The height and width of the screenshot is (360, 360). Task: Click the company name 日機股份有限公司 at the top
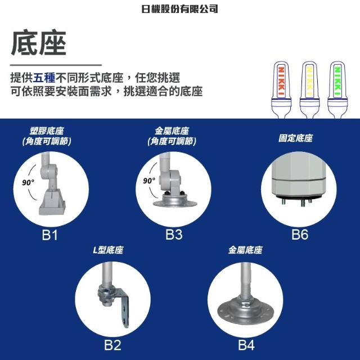click(179, 9)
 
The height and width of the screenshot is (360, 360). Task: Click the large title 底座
click(39, 43)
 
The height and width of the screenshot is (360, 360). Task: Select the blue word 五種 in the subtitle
click(44, 78)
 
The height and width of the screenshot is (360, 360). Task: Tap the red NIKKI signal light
click(281, 89)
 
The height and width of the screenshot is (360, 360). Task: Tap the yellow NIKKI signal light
click(309, 89)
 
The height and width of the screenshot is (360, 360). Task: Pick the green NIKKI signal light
click(337, 89)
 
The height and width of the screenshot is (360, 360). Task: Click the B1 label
click(49, 235)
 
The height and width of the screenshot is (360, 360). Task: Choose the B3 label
click(174, 235)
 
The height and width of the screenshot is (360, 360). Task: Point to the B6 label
click(300, 235)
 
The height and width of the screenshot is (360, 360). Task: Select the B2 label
click(112, 345)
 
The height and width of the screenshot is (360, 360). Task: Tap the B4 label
click(246, 345)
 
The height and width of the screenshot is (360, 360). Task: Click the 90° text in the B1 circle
click(28, 182)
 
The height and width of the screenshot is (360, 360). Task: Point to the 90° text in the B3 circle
click(149, 181)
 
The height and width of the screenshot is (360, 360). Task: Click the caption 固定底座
click(295, 138)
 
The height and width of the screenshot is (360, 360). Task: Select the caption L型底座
click(108, 250)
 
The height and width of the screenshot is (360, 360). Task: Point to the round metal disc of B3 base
click(175, 201)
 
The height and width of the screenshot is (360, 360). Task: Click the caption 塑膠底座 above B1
click(47, 131)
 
